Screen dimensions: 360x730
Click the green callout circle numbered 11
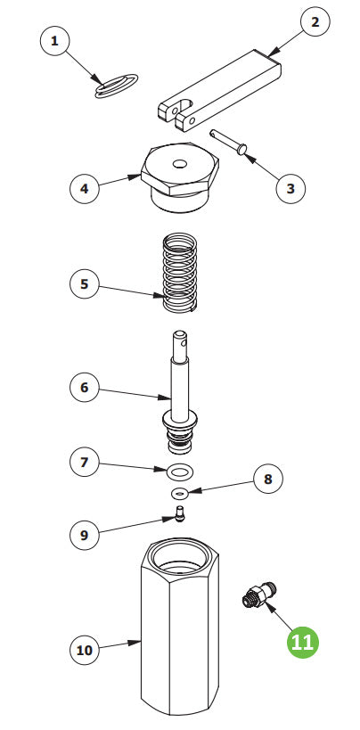303,643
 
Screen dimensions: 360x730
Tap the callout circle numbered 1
55,41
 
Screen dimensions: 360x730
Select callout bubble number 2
315,22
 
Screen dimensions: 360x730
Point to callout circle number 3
290,188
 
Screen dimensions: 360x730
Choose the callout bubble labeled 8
268,479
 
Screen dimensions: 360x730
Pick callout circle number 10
85,650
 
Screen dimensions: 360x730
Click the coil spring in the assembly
180,273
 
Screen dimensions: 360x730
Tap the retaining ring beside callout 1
117,86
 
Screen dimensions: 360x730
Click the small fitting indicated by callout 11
259,595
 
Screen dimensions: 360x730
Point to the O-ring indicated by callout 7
180,472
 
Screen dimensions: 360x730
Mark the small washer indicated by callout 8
180,492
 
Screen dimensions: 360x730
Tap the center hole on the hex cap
180,164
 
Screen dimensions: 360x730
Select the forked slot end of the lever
178,113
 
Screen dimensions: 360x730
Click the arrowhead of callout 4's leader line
135,176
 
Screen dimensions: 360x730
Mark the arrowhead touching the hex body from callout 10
135,643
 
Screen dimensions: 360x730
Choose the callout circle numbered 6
85,388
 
